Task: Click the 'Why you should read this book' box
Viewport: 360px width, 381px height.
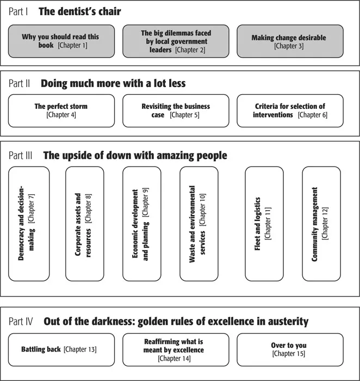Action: [61, 41]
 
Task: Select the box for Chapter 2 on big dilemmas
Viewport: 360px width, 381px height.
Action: [176, 41]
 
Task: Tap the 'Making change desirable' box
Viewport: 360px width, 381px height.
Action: [289, 41]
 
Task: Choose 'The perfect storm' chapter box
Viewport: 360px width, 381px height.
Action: [61, 110]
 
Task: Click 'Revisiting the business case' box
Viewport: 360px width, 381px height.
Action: [176, 110]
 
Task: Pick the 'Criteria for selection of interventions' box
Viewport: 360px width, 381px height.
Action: [289, 110]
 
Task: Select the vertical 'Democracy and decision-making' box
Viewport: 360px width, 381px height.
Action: [29, 224]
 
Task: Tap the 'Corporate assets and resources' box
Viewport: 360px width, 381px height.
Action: [84, 224]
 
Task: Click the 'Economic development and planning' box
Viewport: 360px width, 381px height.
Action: [141, 224]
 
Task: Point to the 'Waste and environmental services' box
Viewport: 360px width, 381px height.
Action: [198, 224]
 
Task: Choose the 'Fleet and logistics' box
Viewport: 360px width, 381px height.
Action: [264, 224]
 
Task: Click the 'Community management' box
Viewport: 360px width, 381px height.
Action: [321, 224]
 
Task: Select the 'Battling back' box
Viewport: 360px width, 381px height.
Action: [61, 349]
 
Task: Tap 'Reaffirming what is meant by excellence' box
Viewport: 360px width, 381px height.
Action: [176, 349]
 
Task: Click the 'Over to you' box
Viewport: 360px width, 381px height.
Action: [289, 349]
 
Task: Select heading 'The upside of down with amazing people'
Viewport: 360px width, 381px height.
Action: [135, 156]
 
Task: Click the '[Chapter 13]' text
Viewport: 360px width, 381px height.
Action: [80, 349]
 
